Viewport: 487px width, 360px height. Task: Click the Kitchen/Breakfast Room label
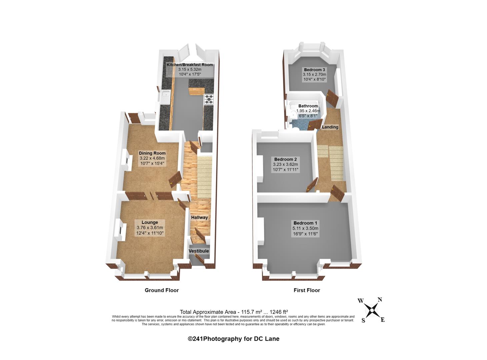pos(190,65)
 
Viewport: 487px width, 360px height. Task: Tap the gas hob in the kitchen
pos(209,99)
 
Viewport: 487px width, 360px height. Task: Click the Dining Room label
pos(152,153)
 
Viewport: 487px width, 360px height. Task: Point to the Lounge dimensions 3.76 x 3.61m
pos(150,228)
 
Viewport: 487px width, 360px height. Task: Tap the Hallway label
pos(199,217)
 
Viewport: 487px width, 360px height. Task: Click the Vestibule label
pos(199,251)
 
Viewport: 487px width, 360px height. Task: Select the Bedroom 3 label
pos(314,70)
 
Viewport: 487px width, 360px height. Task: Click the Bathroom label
pos(308,106)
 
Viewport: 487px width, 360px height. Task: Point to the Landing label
pos(330,127)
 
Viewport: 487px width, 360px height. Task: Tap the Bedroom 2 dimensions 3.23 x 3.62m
pos(285,164)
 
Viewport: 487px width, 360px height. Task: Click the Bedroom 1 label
pos(305,223)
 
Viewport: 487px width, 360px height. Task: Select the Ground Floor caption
pos(162,290)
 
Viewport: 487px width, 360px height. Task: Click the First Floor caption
pos(307,290)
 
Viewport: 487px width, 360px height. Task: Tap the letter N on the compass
pos(380,300)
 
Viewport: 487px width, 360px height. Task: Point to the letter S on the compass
pos(363,320)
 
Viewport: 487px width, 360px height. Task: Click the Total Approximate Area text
pos(234,312)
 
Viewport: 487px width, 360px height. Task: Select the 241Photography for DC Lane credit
pos(233,339)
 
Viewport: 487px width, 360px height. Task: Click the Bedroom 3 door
pos(332,98)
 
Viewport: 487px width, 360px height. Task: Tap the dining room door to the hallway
pos(175,179)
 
